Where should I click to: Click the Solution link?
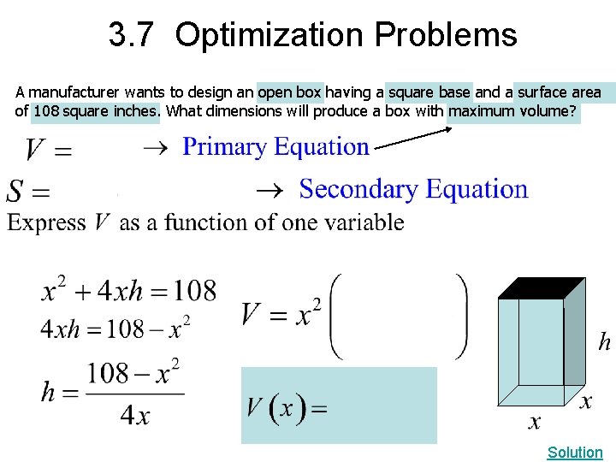point(575,452)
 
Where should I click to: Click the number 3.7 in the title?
point(133,35)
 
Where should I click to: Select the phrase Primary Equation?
point(276,147)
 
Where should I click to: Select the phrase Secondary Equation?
point(413,189)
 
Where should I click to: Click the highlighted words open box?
point(290,92)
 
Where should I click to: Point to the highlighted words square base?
point(429,92)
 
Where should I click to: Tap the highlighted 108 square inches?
point(95,111)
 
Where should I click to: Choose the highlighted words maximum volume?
point(512,111)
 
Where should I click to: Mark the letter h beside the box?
point(604,343)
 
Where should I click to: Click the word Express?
point(47,222)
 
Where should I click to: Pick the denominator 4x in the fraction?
point(135,417)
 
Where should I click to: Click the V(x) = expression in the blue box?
point(287,407)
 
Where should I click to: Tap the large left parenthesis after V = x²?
point(336,316)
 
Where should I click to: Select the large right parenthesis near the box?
point(462,316)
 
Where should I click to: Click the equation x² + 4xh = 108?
point(128,291)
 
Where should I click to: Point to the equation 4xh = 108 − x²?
point(116,326)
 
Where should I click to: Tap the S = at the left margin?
point(27,190)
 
